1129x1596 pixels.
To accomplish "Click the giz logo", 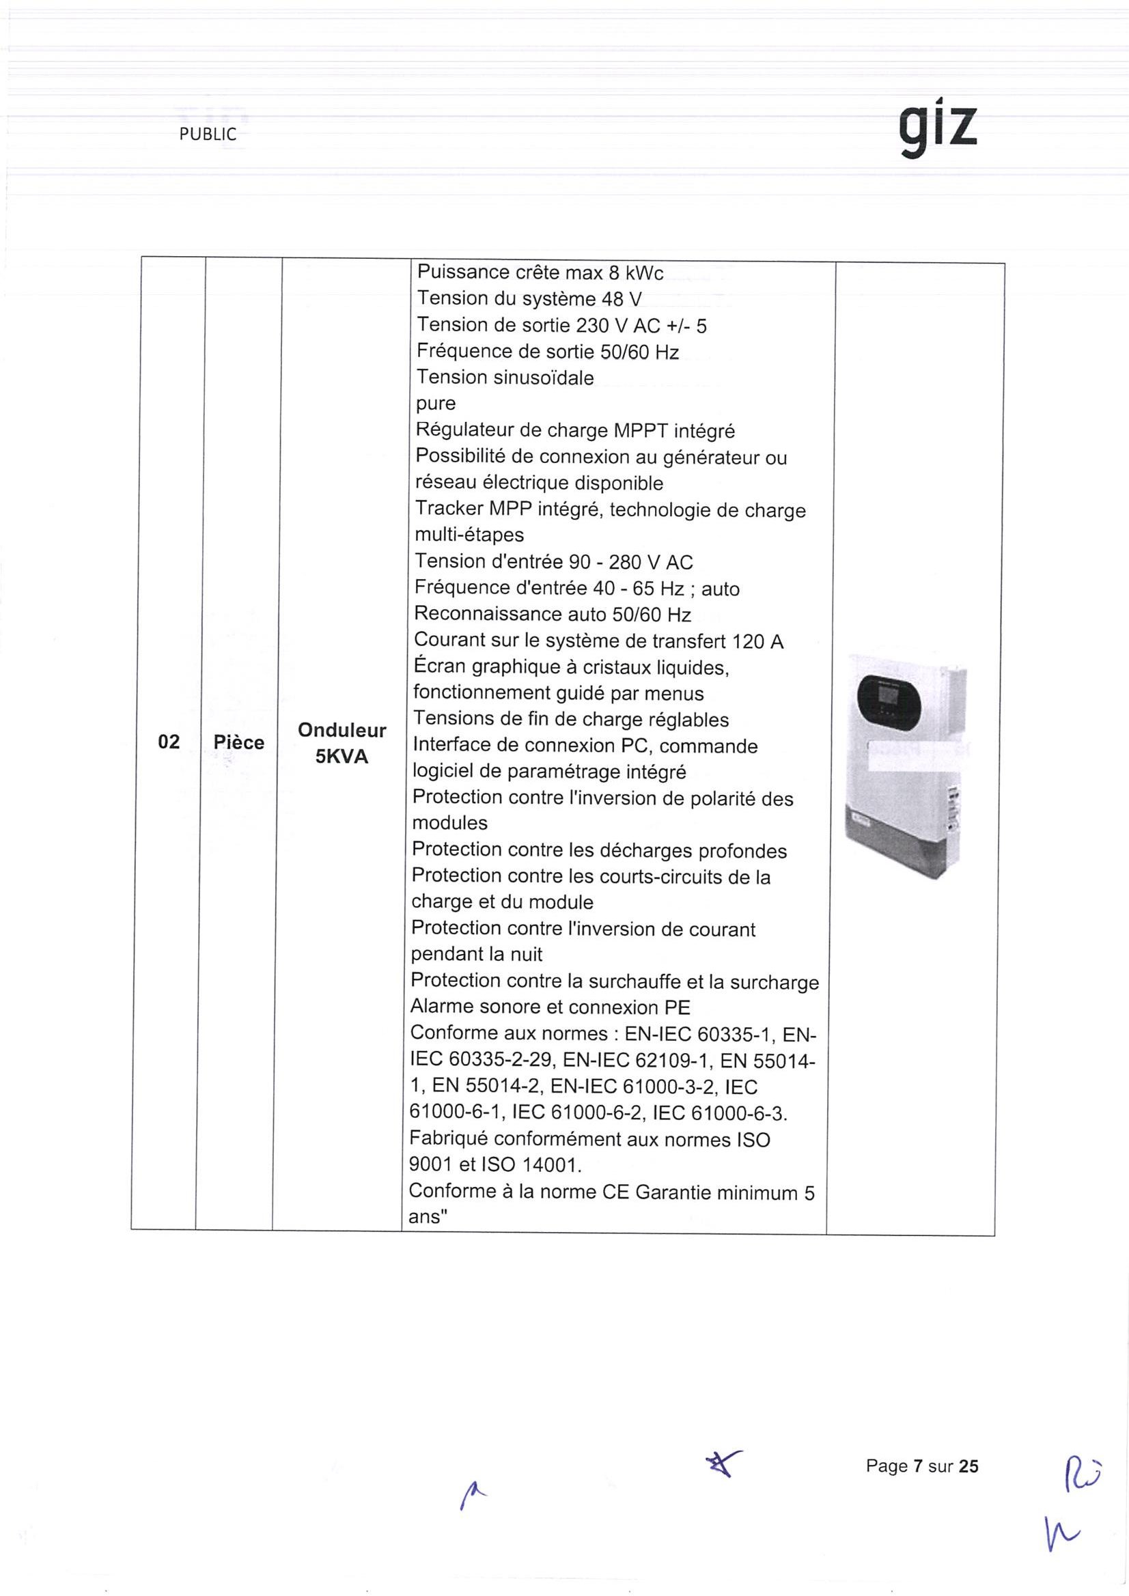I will (x=939, y=131).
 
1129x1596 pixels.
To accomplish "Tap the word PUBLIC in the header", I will (x=208, y=135).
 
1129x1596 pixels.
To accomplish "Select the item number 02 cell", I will (x=169, y=742).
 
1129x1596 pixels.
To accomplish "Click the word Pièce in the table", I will (x=238, y=742).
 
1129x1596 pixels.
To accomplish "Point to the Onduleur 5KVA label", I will (x=342, y=743).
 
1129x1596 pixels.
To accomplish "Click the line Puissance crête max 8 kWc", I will (x=540, y=272).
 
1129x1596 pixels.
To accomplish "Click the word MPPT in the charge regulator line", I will (x=640, y=431).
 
